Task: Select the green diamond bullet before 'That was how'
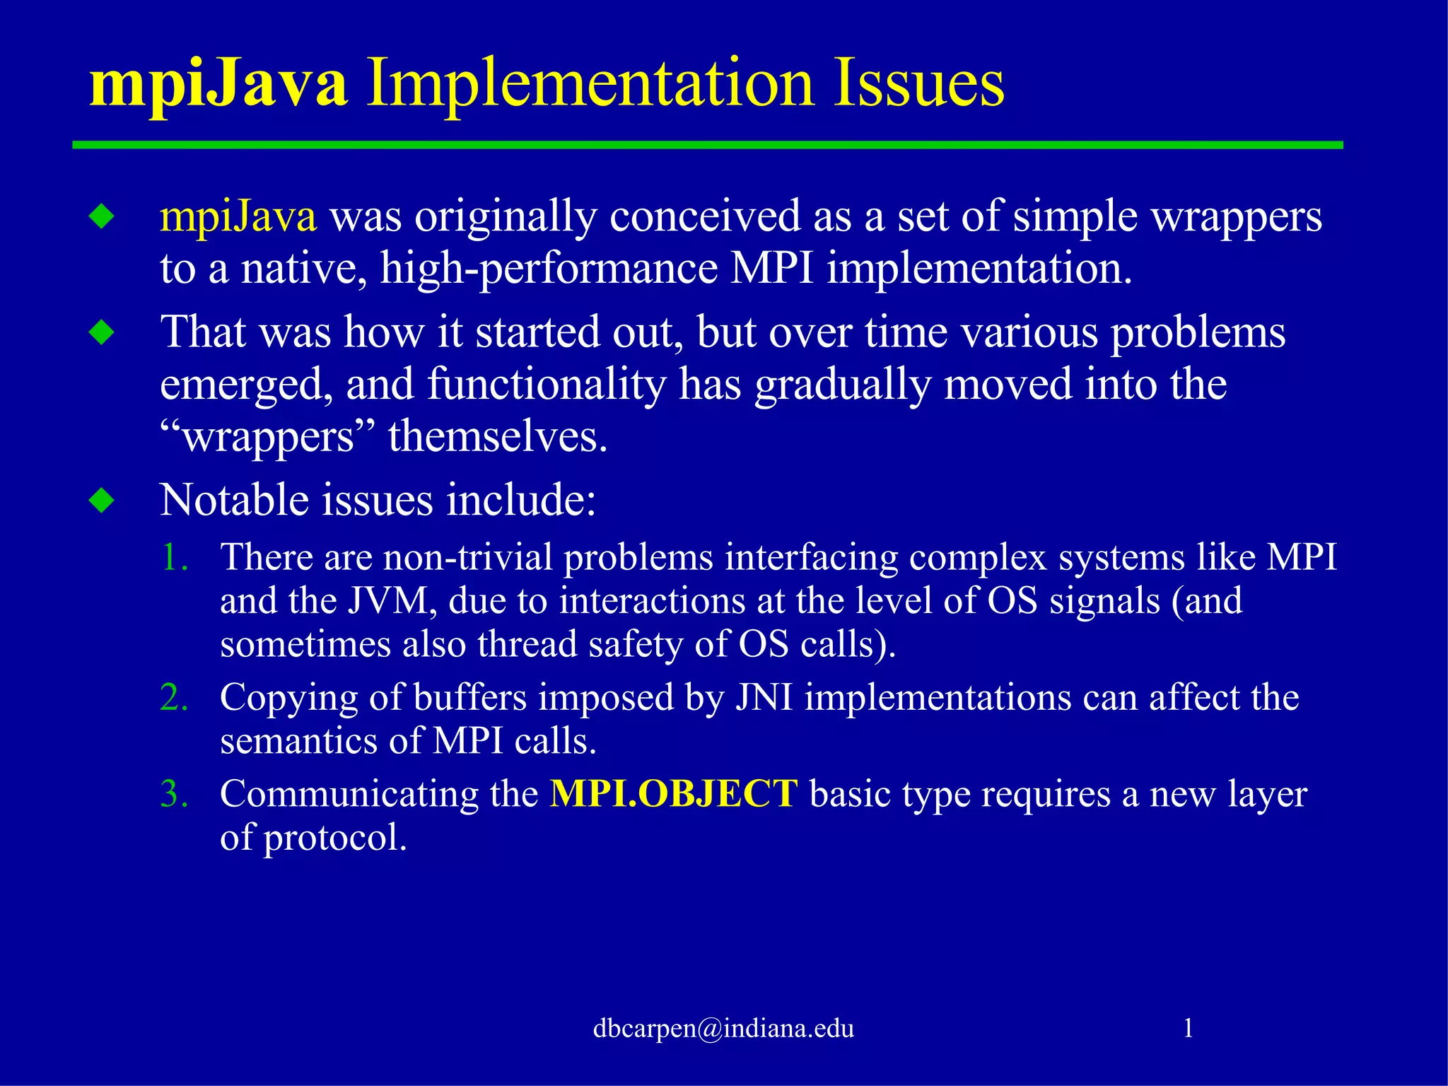tap(103, 332)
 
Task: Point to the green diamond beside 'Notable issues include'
tap(103, 501)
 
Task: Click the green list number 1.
tap(173, 557)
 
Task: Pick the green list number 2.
tap(173, 697)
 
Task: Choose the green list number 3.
tap(173, 793)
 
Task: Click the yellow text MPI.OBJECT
tap(674, 793)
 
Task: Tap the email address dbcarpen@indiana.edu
tap(723, 1028)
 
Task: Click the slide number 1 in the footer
tap(1189, 1028)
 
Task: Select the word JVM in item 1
tap(388, 601)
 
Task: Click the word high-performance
tap(549, 269)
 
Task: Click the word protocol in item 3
tap(334, 838)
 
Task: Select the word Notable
tap(234, 501)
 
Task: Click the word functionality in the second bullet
tap(547, 385)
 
